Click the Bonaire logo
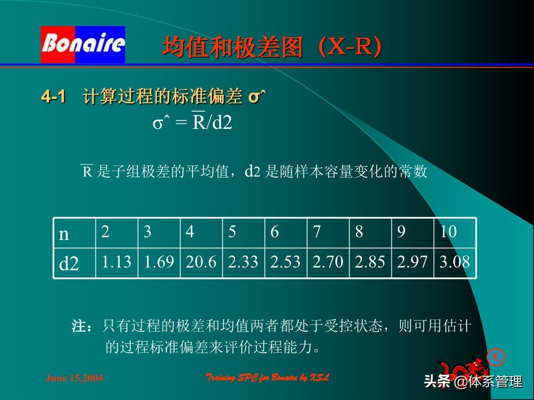83,44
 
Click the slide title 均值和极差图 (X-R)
272,47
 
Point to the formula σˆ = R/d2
192,122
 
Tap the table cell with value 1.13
116,262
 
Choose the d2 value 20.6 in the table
201,262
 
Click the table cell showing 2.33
243,262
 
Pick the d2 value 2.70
328,262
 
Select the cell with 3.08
454,262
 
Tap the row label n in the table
65,234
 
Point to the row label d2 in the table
69,263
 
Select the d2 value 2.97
412,262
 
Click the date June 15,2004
74,379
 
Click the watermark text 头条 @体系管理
473,382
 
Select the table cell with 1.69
159,262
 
